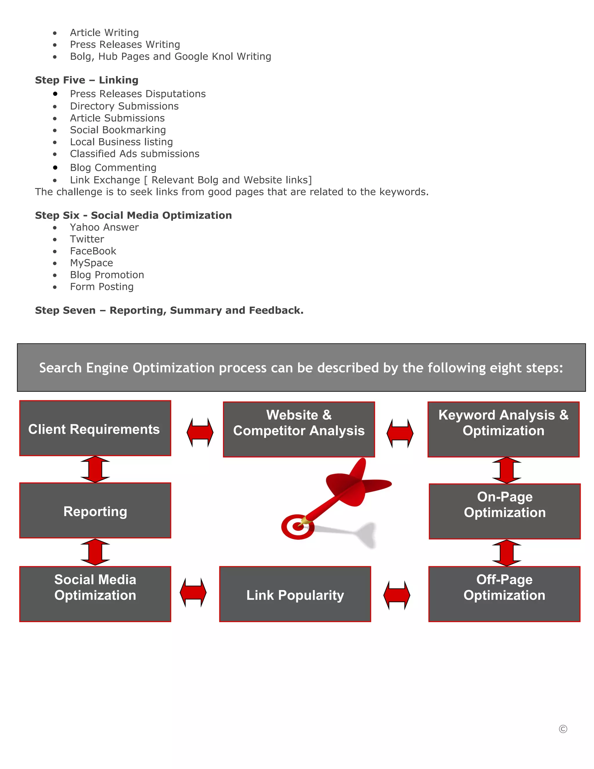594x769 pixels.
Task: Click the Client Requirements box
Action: [x=95, y=428]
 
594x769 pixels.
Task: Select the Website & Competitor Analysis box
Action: [x=299, y=429]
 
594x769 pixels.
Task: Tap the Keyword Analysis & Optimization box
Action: [x=503, y=429]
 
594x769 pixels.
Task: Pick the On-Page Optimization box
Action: [x=505, y=511]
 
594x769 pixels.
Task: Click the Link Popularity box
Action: [x=295, y=594]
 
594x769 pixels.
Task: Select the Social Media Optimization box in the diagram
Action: [x=95, y=594]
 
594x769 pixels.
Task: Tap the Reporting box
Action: [x=95, y=510]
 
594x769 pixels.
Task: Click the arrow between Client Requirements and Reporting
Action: [x=95, y=469]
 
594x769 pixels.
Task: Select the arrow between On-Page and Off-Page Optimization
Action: [x=506, y=553]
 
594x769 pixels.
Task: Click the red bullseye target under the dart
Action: [x=297, y=527]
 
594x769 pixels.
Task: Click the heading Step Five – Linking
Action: [x=86, y=80]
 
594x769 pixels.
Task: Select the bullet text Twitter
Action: [x=87, y=239]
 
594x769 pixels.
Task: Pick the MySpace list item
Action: [x=91, y=263]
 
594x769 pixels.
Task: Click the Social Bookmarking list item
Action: [x=118, y=130]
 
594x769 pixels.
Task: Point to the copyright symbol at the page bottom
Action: [x=563, y=729]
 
